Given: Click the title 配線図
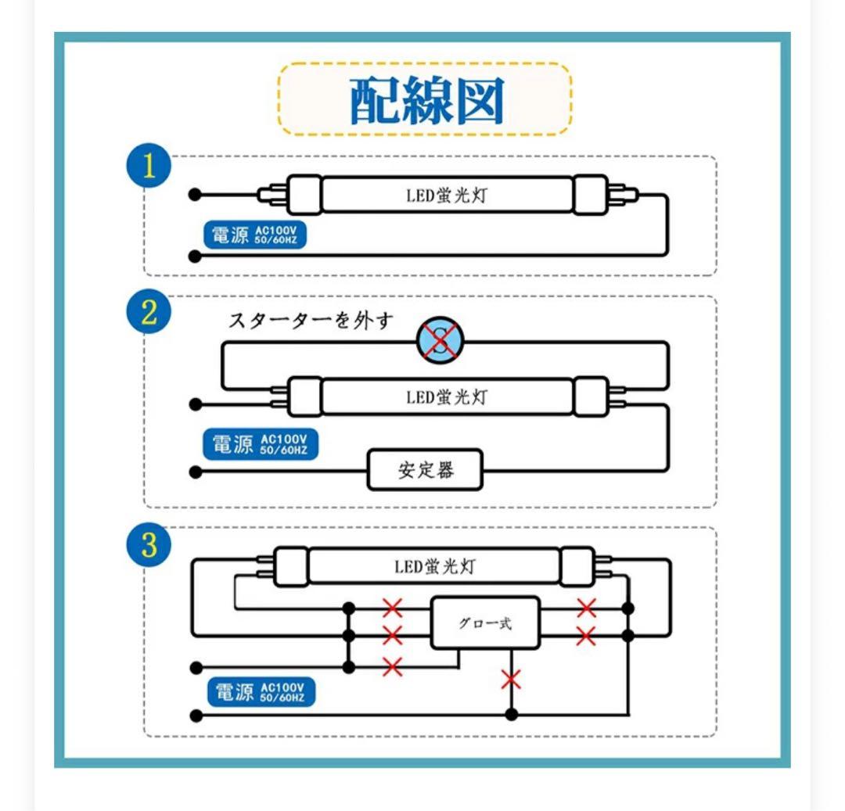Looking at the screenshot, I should [426, 101].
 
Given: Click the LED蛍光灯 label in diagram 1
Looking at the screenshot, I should [446, 196].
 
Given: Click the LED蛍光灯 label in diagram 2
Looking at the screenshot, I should [446, 397].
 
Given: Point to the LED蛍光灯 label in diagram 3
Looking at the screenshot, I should [434, 566].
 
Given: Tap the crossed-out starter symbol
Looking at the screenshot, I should [440, 341].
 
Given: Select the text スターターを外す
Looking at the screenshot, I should [310, 321].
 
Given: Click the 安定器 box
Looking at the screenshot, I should [426, 471].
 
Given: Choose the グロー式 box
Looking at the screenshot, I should [485, 623].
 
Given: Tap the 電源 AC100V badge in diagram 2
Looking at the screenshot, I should [261, 444].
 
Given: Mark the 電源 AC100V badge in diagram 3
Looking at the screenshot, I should [264, 692].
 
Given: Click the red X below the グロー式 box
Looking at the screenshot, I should [511, 679].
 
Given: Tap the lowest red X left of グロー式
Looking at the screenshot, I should [392, 666].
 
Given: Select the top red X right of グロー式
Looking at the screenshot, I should [586, 608].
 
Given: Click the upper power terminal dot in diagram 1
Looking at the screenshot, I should [196, 195].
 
